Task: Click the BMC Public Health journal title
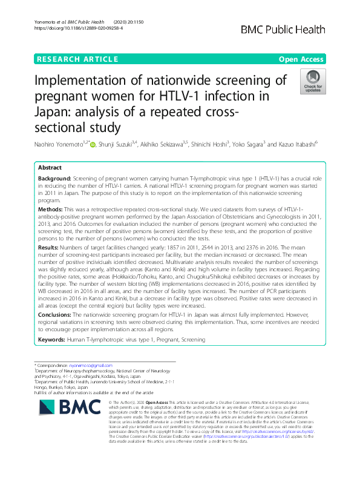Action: [x=283, y=30]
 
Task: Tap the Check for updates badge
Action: [x=313, y=82]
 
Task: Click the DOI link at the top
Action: [x=79, y=28]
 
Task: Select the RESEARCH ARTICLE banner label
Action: [x=77, y=59]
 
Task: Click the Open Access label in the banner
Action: [x=301, y=59]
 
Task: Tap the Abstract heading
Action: [x=50, y=167]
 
